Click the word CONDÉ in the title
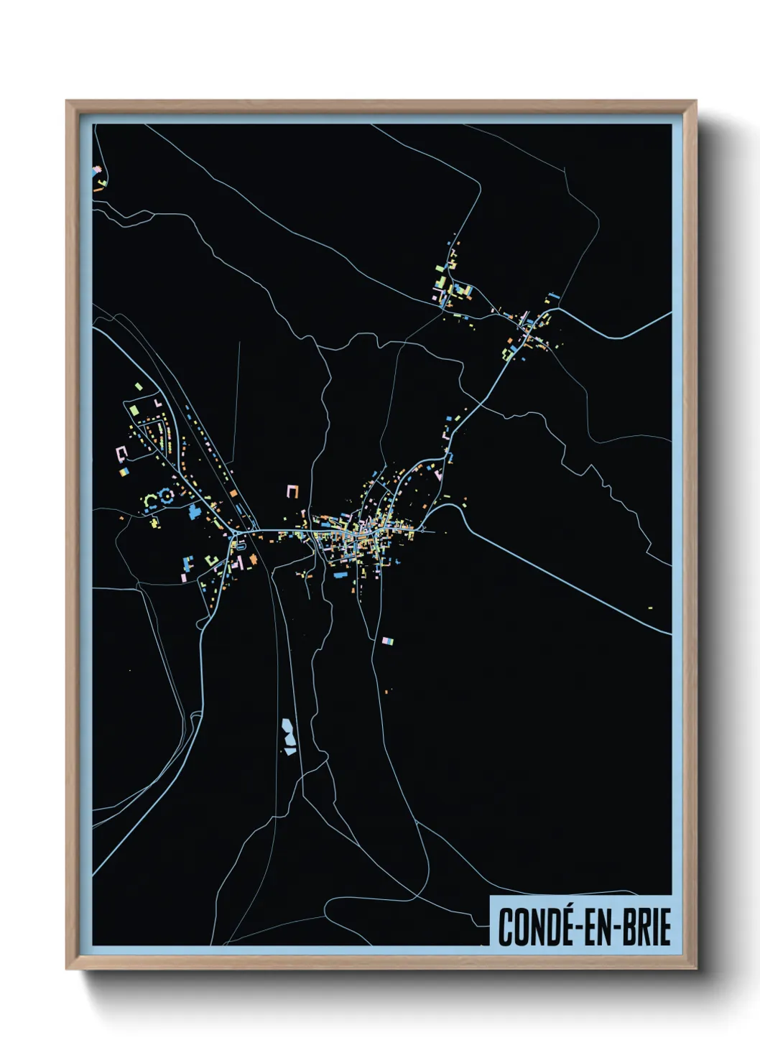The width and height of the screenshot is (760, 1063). (x=533, y=927)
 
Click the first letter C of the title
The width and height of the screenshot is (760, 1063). (x=505, y=927)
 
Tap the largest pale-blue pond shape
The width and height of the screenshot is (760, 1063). (x=288, y=732)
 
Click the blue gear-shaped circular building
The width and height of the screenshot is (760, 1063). (x=167, y=495)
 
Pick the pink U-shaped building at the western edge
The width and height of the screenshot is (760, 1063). (x=121, y=452)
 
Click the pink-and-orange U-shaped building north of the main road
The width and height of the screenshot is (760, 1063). (x=292, y=491)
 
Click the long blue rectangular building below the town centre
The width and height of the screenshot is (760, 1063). (x=340, y=575)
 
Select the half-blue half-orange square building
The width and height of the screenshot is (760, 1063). (x=124, y=471)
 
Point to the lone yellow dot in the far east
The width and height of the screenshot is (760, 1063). (x=650, y=608)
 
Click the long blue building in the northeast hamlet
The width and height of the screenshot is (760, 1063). (x=553, y=294)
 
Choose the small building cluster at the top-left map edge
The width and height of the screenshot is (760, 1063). (x=98, y=177)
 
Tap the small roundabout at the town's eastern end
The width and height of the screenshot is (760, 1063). (x=428, y=531)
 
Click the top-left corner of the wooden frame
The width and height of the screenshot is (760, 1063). (x=68, y=102)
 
